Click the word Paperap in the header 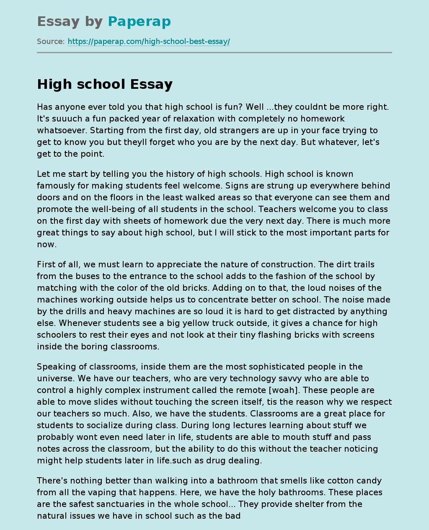coord(139,21)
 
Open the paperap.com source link coord(149,41)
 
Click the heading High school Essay coord(105,84)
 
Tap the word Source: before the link coord(51,41)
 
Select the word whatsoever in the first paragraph coord(62,130)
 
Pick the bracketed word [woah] coord(284,390)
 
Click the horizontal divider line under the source coord(214,52)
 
